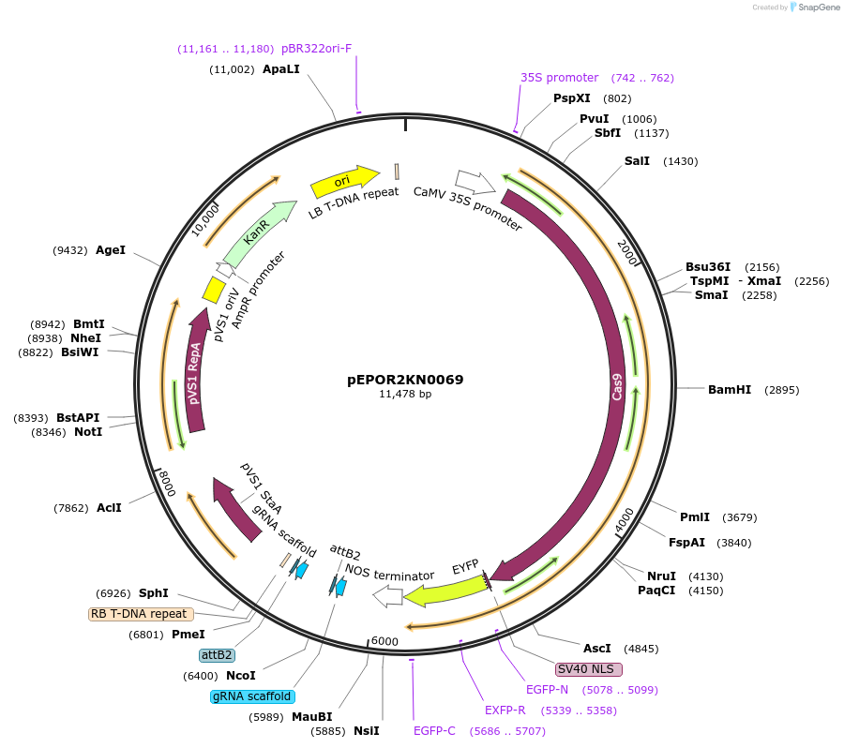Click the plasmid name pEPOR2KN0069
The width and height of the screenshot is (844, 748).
click(405, 380)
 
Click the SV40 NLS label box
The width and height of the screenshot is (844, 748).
click(589, 669)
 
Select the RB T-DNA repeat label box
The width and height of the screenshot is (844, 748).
click(141, 614)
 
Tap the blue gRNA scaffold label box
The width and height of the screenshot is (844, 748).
click(252, 696)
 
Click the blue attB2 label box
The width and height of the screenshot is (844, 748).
click(216, 654)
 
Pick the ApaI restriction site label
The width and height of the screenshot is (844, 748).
click(281, 69)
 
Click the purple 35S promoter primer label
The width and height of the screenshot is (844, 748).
click(559, 78)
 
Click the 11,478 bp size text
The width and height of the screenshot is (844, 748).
click(405, 395)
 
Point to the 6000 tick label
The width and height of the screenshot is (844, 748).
click(385, 641)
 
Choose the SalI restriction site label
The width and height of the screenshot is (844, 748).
click(637, 161)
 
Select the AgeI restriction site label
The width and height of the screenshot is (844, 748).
click(111, 250)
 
